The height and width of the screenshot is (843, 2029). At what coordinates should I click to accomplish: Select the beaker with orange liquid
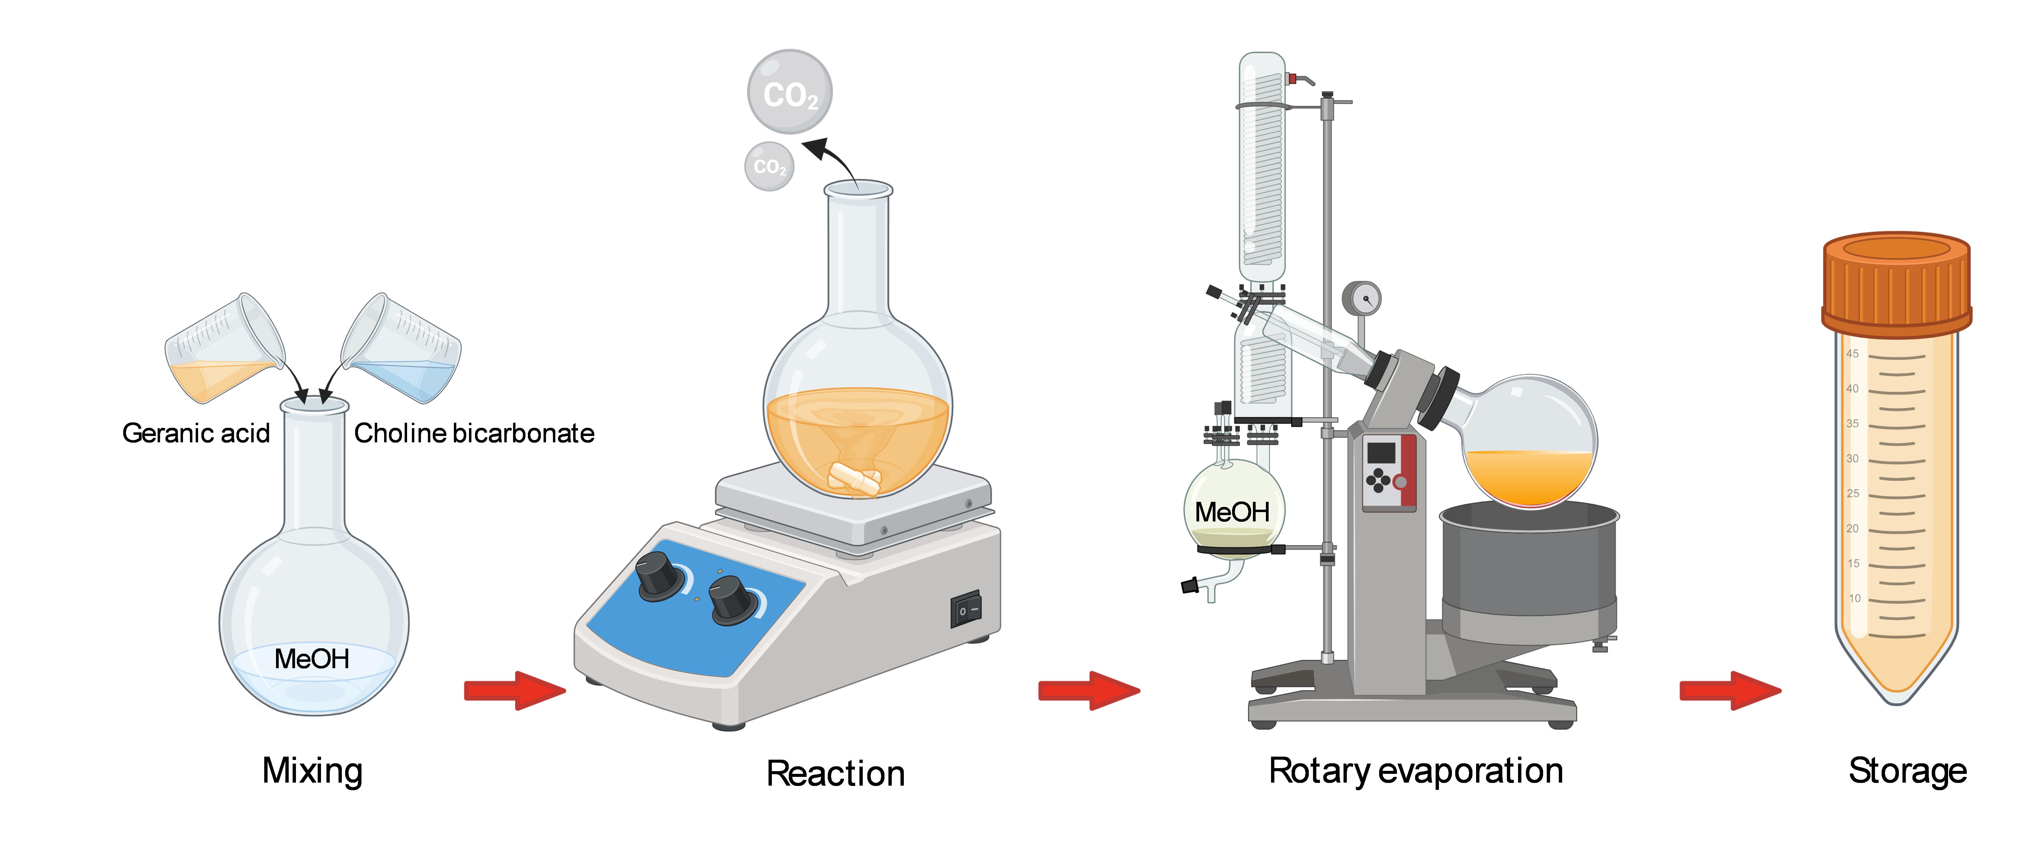click(x=223, y=351)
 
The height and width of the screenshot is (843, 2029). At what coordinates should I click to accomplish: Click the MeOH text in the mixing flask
click(x=312, y=659)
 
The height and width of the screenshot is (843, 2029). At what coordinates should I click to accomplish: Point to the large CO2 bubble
click(x=789, y=92)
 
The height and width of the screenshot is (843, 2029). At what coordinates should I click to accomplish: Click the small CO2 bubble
click(x=769, y=166)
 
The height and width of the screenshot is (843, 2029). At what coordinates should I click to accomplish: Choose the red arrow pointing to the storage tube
click(x=1730, y=691)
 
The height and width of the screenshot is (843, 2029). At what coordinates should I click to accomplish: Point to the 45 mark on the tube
click(x=1853, y=354)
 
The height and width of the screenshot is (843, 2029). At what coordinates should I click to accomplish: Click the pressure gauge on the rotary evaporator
click(x=1362, y=299)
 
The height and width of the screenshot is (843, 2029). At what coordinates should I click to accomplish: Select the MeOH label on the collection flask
click(x=1232, y=512)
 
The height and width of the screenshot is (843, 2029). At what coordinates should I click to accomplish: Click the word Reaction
click(x=836, y=774)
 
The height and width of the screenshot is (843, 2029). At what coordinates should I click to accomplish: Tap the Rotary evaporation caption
click(x=1415, y=771)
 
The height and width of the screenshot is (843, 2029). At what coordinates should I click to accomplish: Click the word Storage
click(x=1907, y=771)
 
